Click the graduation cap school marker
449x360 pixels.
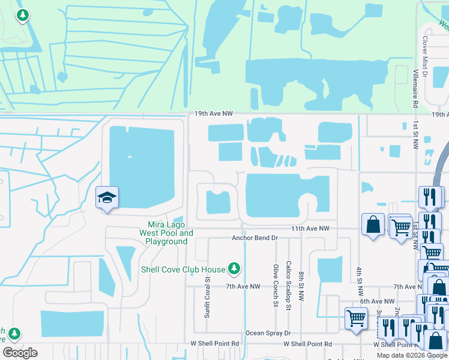[107, 198]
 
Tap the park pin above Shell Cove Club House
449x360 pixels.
[234, 269]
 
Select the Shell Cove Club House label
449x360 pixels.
[182, 269]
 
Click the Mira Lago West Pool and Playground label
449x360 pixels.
[166, 233]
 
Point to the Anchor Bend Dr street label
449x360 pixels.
[255, 238]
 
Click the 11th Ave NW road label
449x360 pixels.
[310, 229]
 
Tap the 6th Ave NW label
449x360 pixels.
[377, 301]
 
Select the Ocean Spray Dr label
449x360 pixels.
[268, 333]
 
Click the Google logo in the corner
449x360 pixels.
[20, 353]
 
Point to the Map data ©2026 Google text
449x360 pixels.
[412, 355]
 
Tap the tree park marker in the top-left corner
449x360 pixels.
[23, 15]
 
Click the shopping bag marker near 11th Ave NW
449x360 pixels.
[373, 224]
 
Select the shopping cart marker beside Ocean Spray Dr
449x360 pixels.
[356, 318]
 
